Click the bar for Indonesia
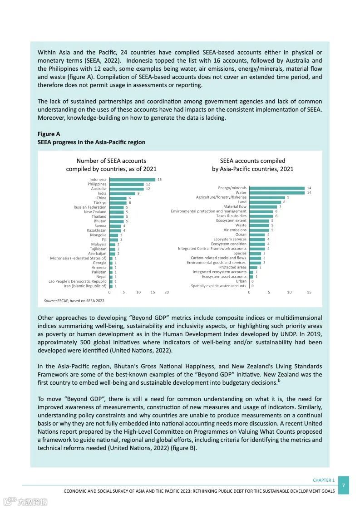pos(132,180)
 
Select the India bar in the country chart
pos(122,194)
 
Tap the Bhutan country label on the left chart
pos(100,221)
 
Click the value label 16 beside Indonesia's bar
pos(159,180)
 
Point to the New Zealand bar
pos(117,212)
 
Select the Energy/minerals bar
pos(277,188)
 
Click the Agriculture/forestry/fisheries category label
pos(221,197)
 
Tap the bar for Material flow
pos(263,207)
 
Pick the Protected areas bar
pos(253,267)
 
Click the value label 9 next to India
pos(138,194)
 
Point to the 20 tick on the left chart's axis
pos(167,292)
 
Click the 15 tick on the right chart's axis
pos(309,292)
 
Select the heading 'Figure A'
pos(49,134)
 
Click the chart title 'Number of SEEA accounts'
pos(111,161)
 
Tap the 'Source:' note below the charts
pos(50,301)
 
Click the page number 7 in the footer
pos(344,485)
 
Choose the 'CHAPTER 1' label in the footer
pos(324,480)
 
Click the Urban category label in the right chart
pos(241,281)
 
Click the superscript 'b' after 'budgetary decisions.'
pos(279,381)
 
